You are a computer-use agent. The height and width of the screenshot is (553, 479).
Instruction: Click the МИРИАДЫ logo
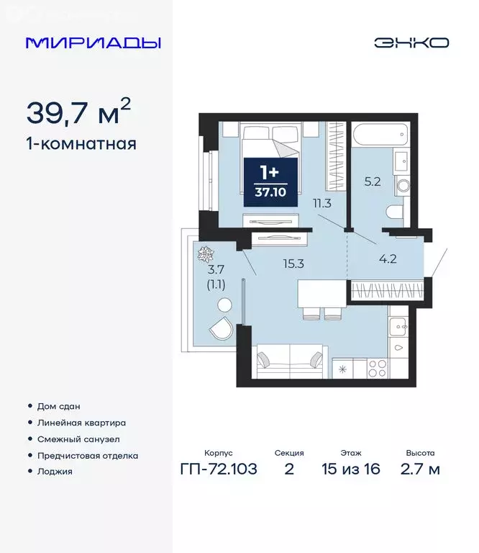click(93, 42)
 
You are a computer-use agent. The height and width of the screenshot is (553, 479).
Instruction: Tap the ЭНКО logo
click(411, 42)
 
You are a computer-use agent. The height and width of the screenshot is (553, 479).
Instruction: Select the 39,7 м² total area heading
click(79, 112)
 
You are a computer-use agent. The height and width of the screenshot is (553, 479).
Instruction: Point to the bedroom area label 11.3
click(321, 203)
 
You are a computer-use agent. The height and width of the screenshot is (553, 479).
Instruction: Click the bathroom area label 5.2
click(373, 182)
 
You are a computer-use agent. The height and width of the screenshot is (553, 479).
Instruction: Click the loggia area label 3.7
click(216, 270)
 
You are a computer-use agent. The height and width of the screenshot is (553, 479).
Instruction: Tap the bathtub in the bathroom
click(379, 135)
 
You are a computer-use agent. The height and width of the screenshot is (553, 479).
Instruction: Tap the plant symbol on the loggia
click(205, 254)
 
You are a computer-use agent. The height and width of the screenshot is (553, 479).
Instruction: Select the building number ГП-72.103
click(218, 469)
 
